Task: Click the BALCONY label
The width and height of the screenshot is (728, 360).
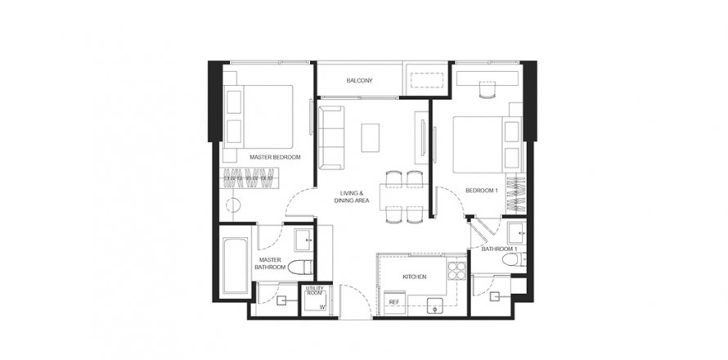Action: click(359, 80)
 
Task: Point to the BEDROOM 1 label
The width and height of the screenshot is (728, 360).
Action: click(482, 190)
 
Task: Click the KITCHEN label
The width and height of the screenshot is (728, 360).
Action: click(414, 277)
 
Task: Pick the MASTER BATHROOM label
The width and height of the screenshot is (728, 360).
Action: click(269, 263)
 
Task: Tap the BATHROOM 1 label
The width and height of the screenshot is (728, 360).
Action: click(497, 248)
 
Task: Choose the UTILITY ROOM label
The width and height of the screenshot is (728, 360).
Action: click(314, 291)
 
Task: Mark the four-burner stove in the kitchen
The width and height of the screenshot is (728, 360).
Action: click(456, 271)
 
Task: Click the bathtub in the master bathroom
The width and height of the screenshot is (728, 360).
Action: click(236, 267)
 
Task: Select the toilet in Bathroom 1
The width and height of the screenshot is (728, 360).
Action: click(511, 261)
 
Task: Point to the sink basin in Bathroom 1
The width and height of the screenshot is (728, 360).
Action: click(515, 234)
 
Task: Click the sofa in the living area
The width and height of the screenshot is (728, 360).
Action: click(331, 136)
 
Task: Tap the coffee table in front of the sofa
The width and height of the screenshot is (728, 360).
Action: click(371, 137)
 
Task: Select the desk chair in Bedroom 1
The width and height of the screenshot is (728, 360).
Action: click(488, 92)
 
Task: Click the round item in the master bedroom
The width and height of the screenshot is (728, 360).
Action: click(232, 206)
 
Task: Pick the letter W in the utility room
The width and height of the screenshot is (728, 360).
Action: click(322, 308)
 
